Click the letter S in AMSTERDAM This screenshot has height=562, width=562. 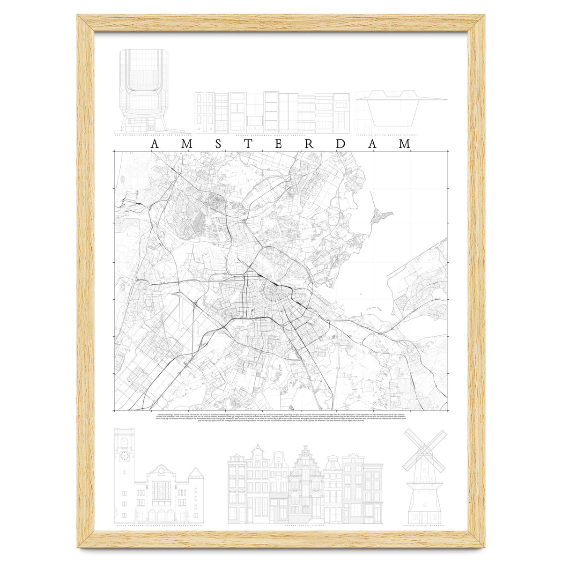(218, 145)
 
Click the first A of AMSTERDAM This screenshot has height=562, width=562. (155, 145)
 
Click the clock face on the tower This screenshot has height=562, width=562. (125, 456)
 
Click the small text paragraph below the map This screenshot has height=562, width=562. (281, 418)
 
